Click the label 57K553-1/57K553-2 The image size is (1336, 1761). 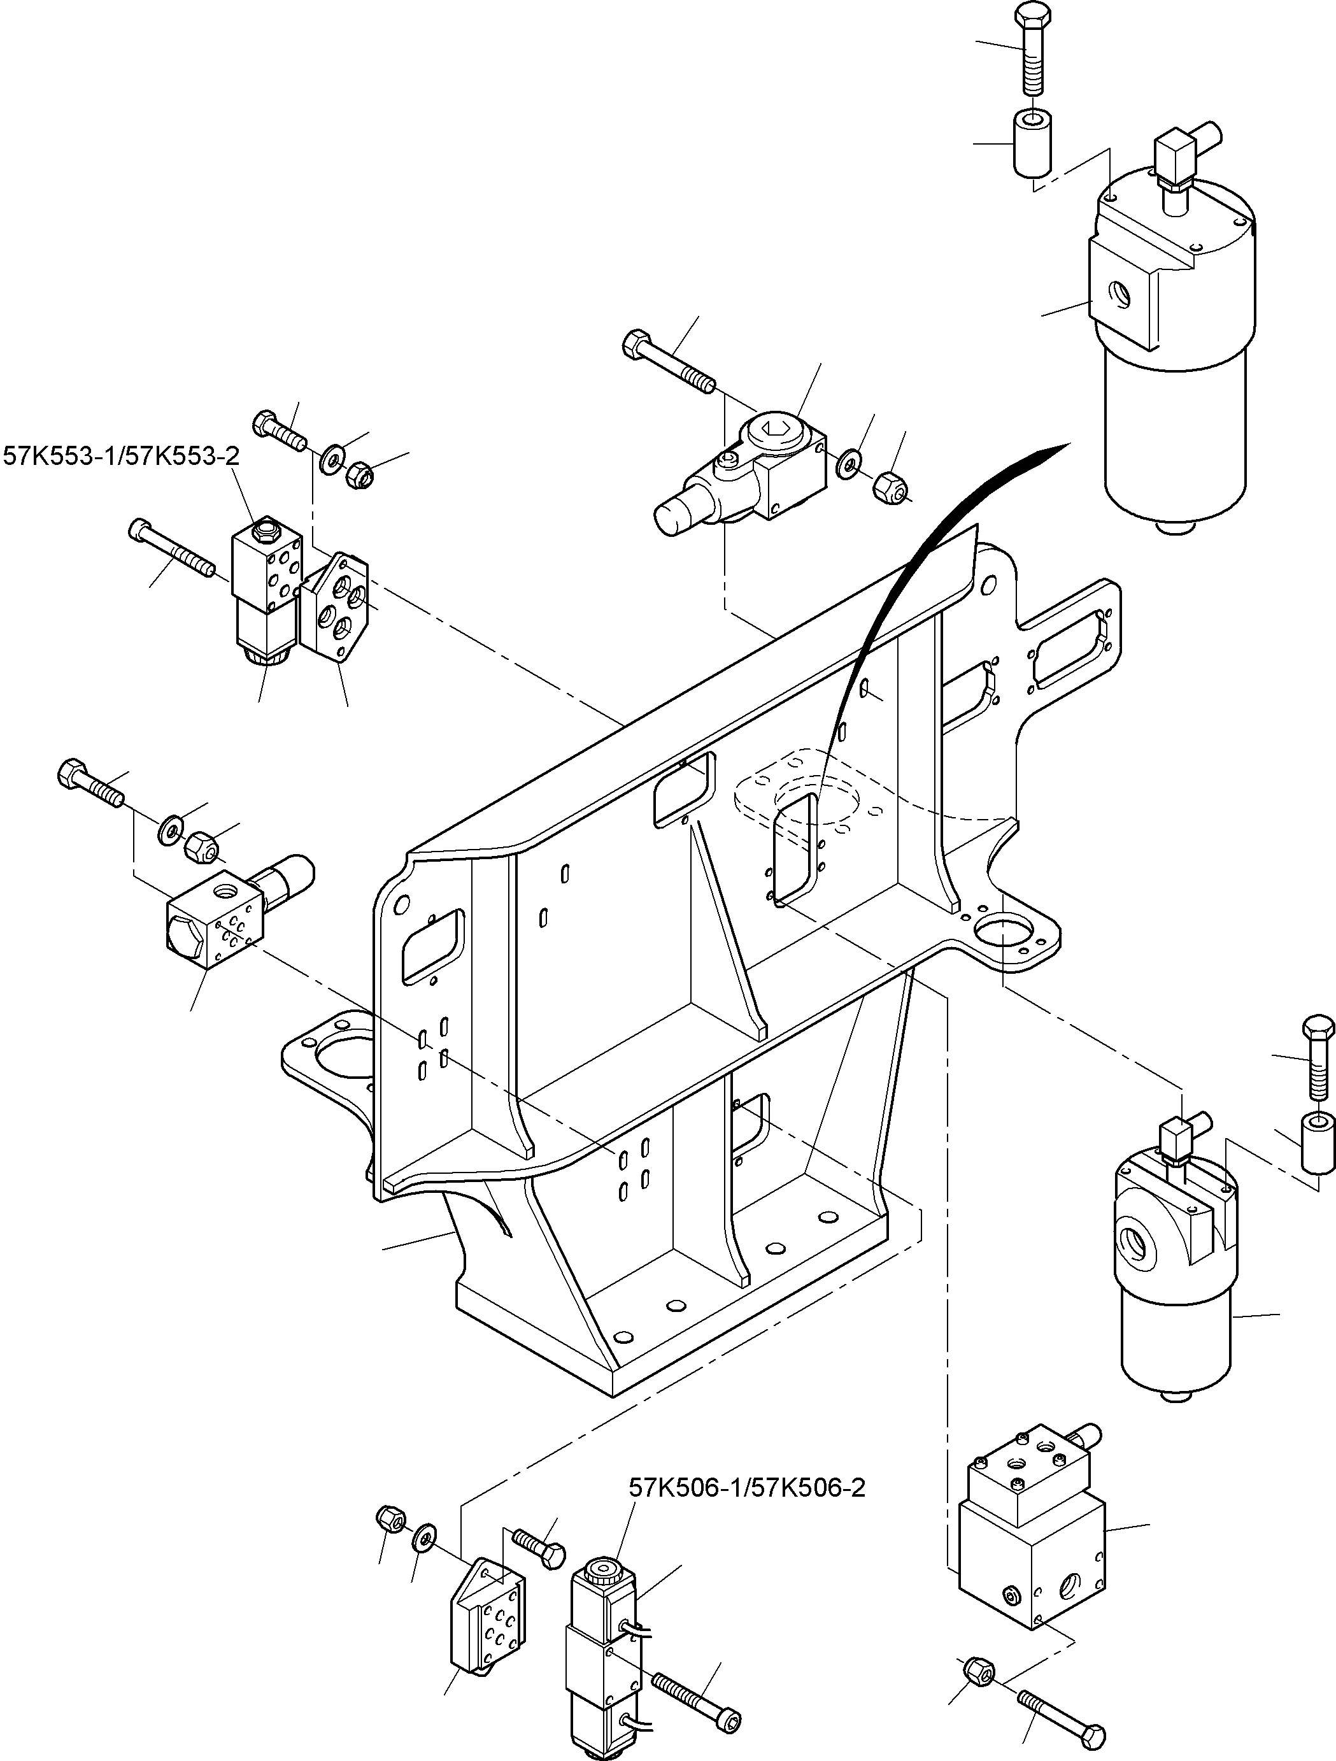coord(121,455)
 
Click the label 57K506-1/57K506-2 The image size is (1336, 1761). coord(746,1487)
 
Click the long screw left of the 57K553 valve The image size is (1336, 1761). coord(171,548)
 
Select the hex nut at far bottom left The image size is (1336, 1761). coord(391,1518)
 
